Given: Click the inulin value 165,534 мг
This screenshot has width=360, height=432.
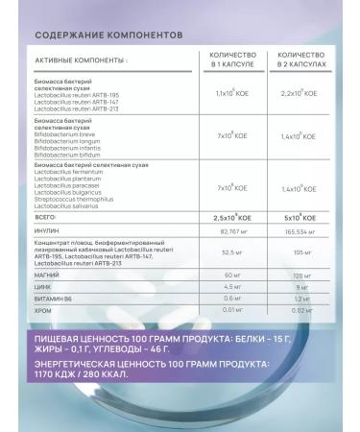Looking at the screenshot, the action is pos(300,231).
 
